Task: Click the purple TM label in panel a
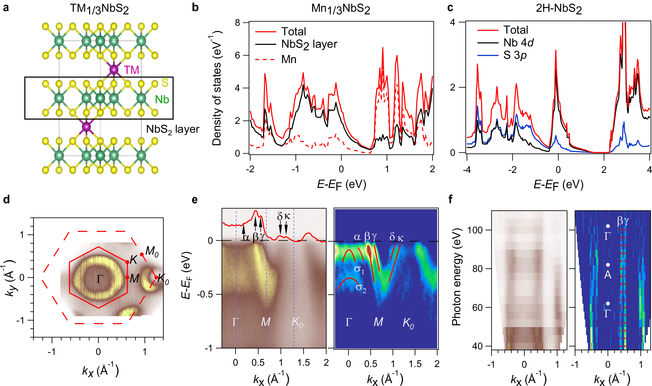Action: (131, 70)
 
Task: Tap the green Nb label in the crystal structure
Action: (162, 99)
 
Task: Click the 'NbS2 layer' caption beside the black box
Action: (172, 129)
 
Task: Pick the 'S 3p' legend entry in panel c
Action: (514, 55)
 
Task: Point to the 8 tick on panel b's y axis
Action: (237, 23)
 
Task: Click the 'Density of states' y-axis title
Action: (216, 88)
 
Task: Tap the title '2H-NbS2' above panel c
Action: (559, 8)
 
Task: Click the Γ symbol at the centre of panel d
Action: (100, 279)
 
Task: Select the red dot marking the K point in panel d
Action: (127, 262)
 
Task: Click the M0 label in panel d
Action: (152, 251)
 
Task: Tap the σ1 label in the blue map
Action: (359, 269)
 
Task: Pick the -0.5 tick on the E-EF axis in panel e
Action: (205, 294)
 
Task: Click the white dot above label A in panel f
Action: (608, 265)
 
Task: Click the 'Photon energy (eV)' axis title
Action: (456, 277)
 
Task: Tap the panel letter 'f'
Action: (451, 199)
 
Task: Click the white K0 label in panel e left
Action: (297, 322)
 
